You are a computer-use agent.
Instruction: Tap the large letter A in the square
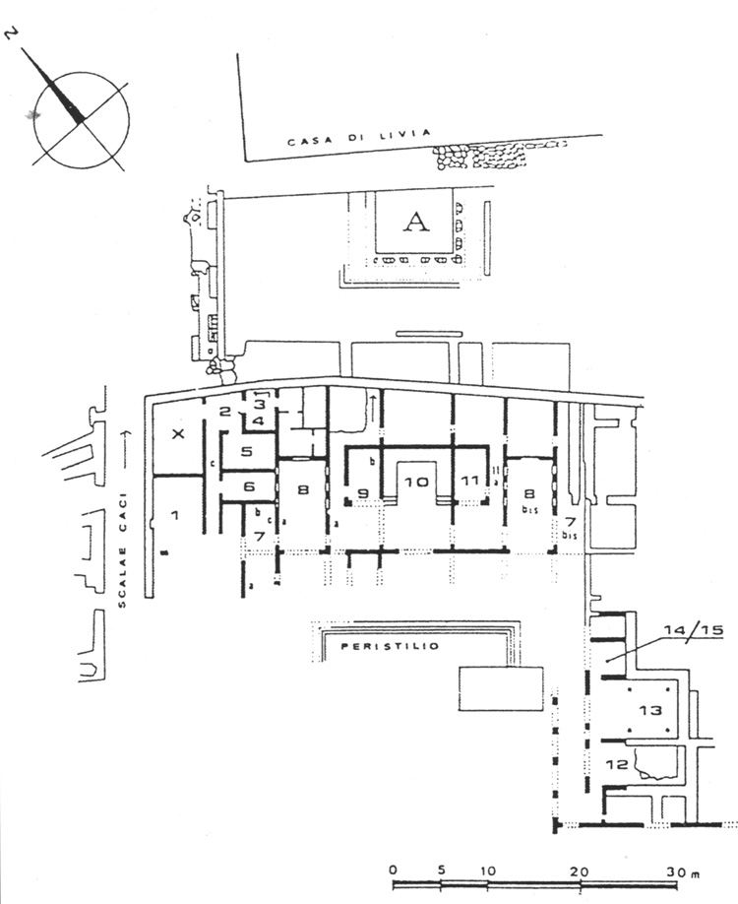tap(417, 223)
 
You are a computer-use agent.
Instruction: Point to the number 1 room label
tap(176, 514)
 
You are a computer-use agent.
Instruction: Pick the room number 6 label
tap(249, 486)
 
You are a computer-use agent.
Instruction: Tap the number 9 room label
tap(363, 492)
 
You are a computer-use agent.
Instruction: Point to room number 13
tap(648, 709)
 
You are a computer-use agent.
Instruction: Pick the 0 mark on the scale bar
tap(392, 871)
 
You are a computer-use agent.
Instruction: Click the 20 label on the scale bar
tap(584, 871)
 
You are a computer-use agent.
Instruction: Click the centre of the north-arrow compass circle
tap(80, 122)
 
